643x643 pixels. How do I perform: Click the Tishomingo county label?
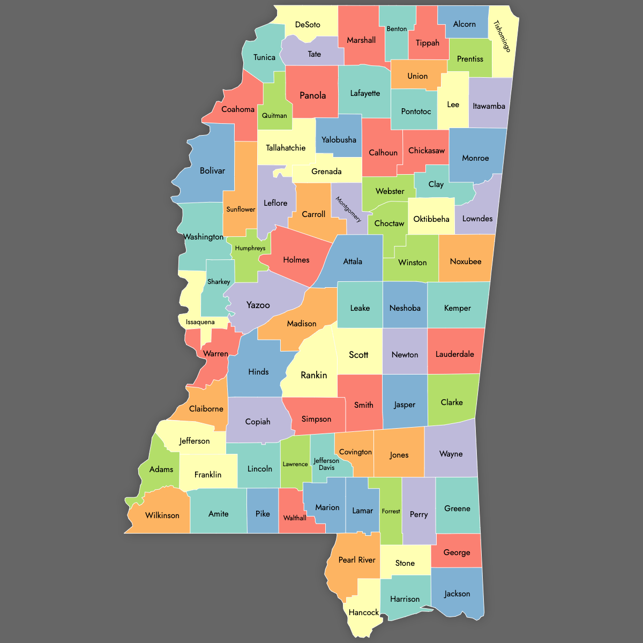(502, 36)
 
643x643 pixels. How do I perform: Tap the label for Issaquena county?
(200, 322)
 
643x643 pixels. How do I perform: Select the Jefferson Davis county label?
(326, 464)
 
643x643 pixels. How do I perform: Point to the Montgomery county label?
(348, 210)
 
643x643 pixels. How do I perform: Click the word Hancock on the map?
(363, 612)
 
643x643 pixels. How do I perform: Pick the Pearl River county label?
(357, 560)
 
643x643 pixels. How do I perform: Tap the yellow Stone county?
(405, 563)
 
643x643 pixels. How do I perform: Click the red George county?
(457, 552)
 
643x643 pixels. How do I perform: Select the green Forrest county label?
(391, 511)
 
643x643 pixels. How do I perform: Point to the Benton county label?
(397, 29)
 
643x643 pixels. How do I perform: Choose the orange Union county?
(417, 76)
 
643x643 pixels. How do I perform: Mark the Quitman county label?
(274, 116)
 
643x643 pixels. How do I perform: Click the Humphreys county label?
(250, 248)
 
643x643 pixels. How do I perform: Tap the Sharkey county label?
(219, 282)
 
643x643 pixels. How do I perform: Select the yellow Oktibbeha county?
(431, 219)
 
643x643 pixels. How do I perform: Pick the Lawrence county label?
(295, 464)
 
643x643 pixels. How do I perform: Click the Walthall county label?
(295, 518)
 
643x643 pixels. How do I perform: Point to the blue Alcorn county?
(464, 24)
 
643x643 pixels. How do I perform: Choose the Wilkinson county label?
(162, 515)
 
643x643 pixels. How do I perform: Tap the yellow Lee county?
(453, 104)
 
